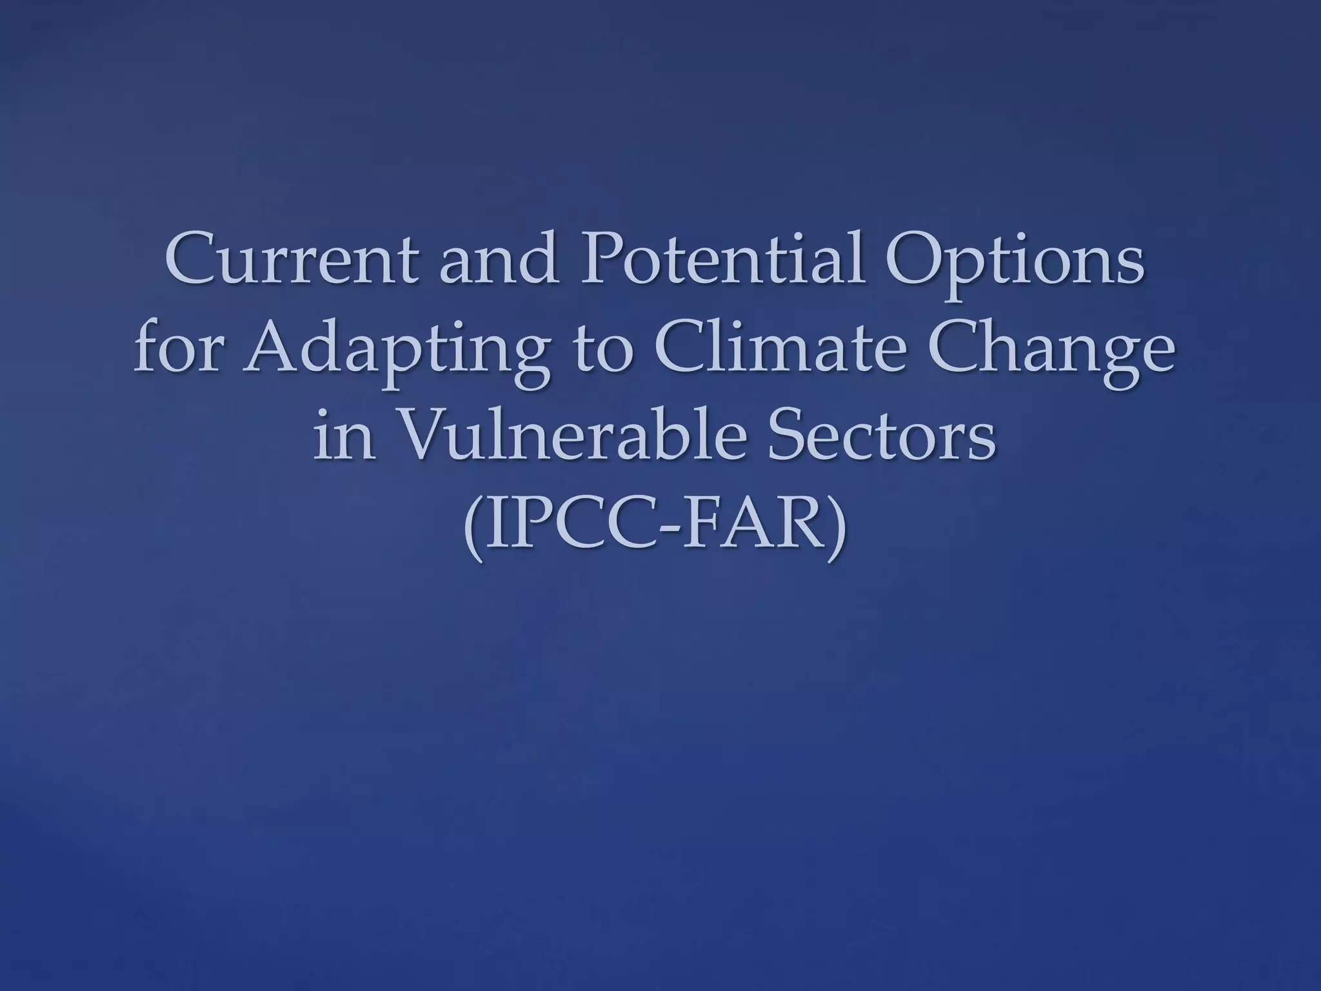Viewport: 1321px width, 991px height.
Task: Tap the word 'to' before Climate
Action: click(x=603, y=352)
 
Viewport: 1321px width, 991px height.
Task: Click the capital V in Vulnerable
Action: click(x=426, y=439)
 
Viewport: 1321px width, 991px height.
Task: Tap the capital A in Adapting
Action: click(x=271, y=351)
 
